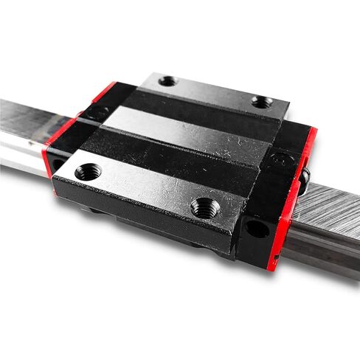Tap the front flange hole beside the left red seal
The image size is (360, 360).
point(88,173)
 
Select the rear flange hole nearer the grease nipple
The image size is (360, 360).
point(261,102)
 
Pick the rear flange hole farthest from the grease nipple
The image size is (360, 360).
point(168,80)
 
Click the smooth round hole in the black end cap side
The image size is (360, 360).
point(257,229)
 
